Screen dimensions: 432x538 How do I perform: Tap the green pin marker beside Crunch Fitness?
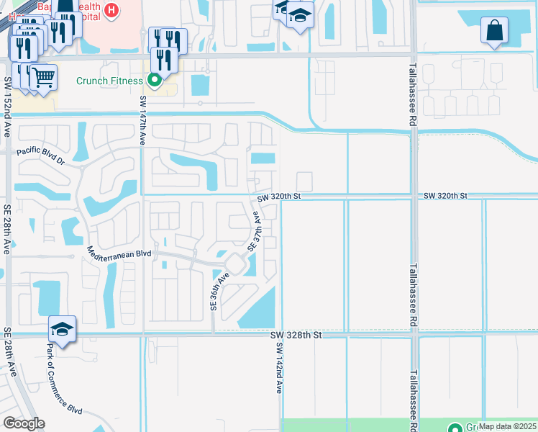[x=154, y=81]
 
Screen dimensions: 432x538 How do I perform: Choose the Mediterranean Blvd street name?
[x=119, y=253]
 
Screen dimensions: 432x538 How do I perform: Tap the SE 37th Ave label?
[x=254, y=231]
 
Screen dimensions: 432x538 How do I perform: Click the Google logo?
[x=24, y=423]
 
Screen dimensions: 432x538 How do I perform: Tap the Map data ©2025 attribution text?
[x=506, y=426]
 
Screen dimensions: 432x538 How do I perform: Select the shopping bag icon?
[x=494, y=31]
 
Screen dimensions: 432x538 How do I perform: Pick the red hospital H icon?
[x=111, y=10]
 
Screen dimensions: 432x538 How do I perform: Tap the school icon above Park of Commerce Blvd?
[x=63, y=329]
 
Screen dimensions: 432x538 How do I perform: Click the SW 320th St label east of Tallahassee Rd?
[x=445, y=196]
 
